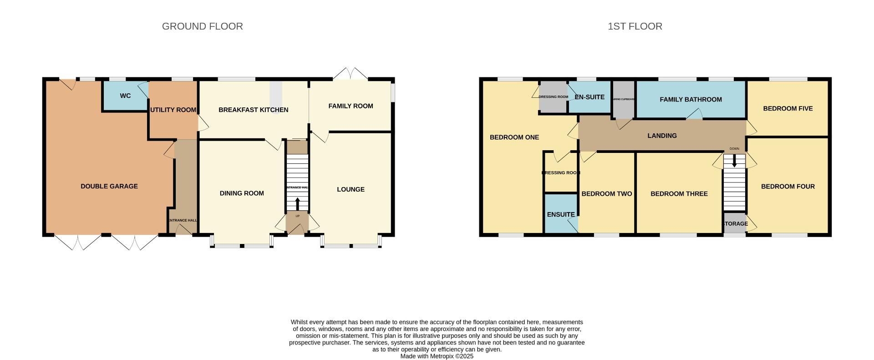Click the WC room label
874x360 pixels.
tap(125, 96)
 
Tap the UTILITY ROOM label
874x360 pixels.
tap(173, 110)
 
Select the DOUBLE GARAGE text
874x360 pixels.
tap(109, 186)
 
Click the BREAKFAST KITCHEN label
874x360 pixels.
tap(253, 110)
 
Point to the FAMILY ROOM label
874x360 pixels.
tap(351, 106)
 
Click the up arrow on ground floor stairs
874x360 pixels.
tap(298, 203)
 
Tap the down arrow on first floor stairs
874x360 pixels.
tap(734, 161)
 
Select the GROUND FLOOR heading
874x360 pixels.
tap(202, 26)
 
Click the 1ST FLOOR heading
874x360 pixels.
tap(635, 26)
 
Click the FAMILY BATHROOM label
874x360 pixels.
tap(691, 100)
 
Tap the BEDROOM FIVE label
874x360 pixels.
tap(788, 109)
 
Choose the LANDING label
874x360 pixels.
tap(662, 136)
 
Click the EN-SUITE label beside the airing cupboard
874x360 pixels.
tap(589, 97)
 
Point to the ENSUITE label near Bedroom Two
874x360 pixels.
tap(561, 214)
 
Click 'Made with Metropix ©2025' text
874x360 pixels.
tap(437, 356)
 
